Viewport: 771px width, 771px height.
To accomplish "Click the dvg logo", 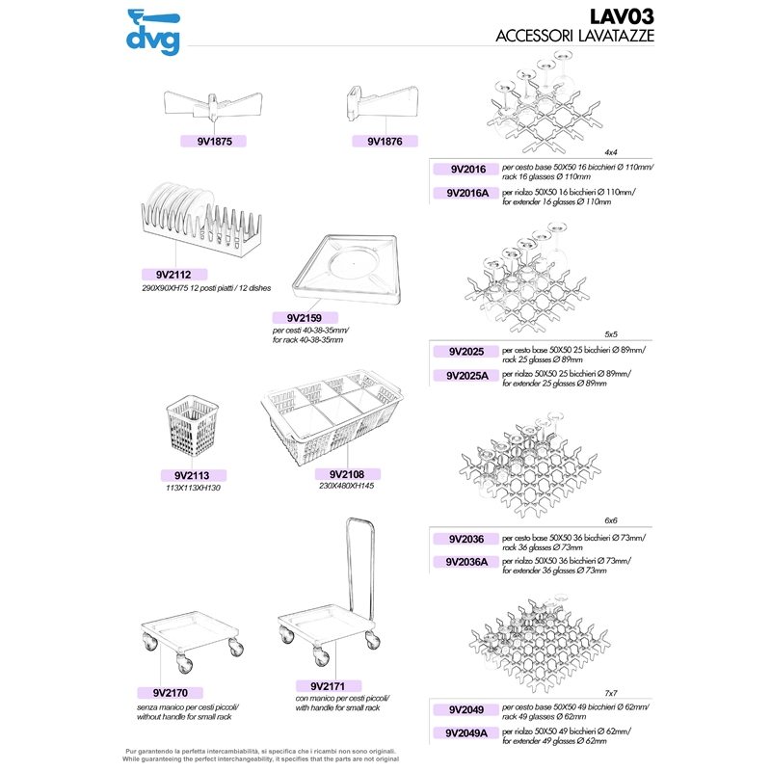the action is click(153, 32).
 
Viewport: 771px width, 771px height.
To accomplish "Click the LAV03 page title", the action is click(622, 16).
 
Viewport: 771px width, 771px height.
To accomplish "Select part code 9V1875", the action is click(214, 142).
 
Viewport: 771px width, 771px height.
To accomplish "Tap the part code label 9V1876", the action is click(385, 142).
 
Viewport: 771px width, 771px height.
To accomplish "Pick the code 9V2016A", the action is click(466, 194).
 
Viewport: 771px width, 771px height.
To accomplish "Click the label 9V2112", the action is click(174, 275).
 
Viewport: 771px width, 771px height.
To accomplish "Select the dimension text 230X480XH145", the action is click(347, 486).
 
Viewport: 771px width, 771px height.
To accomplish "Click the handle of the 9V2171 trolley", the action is click(360, 566).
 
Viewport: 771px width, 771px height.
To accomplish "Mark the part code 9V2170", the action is click(171, 693).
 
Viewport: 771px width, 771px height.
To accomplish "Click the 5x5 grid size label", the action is click(611, 334).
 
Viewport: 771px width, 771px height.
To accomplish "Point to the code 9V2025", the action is click(466, 352).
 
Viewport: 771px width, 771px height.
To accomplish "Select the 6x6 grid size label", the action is click(611, 520).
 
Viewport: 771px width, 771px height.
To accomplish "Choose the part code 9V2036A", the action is click(466, 562).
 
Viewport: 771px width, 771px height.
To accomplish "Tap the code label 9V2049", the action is click(466, 710).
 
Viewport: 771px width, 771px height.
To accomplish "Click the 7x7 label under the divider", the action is click(611, 693).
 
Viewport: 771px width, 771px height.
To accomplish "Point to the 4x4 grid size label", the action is click(611, 152).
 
